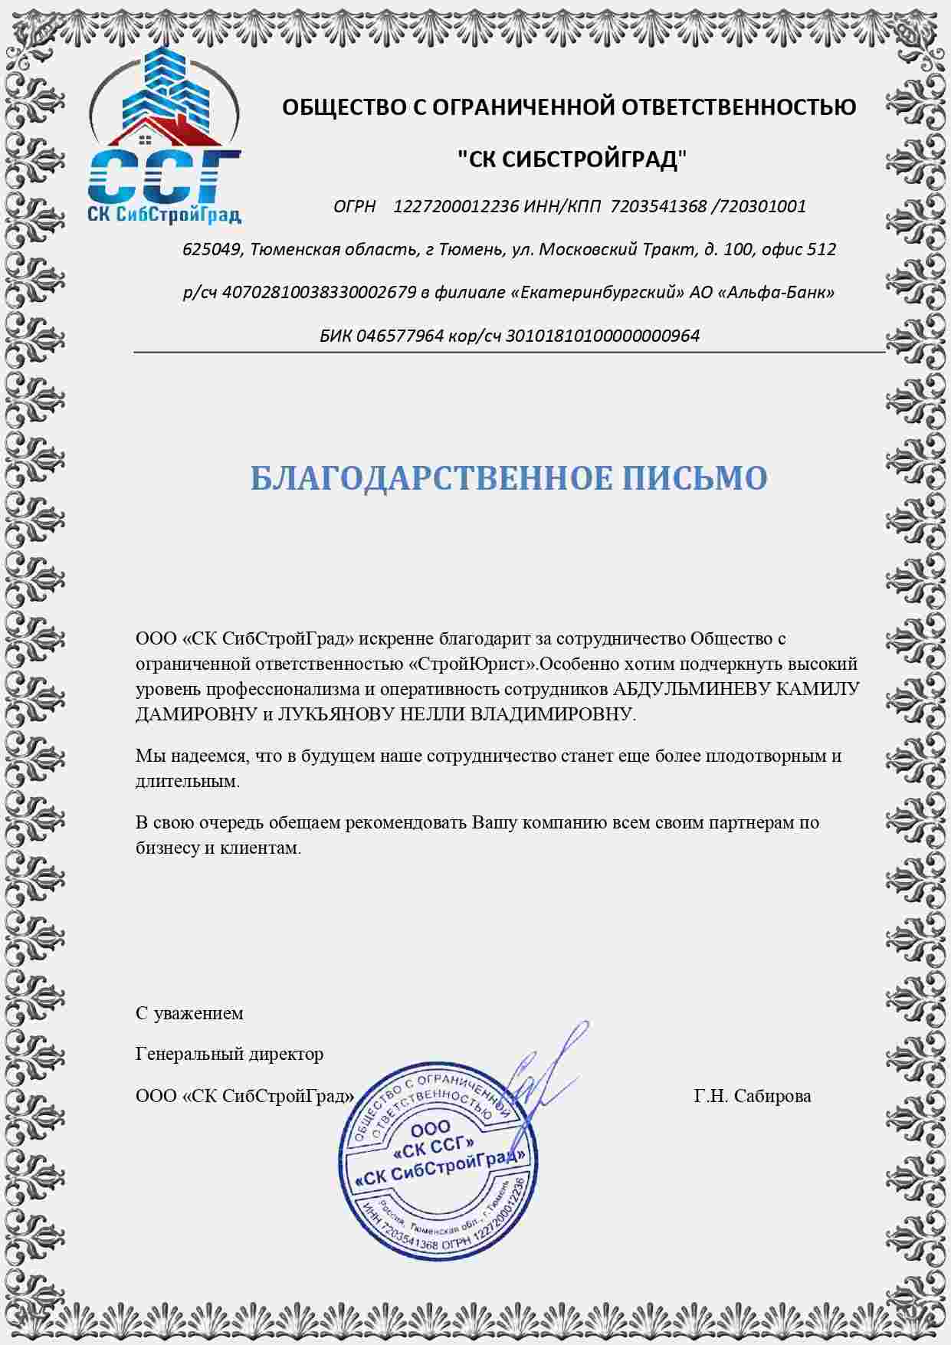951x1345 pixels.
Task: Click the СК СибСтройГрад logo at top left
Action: tap(165, 138)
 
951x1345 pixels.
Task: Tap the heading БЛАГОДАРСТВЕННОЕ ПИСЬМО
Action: tap(509, 478)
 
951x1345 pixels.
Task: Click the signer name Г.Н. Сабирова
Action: tap(752, 1096)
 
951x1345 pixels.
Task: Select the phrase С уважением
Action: tap(189, 1013)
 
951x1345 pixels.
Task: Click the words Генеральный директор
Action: tap(229, 1054)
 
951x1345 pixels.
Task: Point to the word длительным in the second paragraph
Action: tap(187, 782)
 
